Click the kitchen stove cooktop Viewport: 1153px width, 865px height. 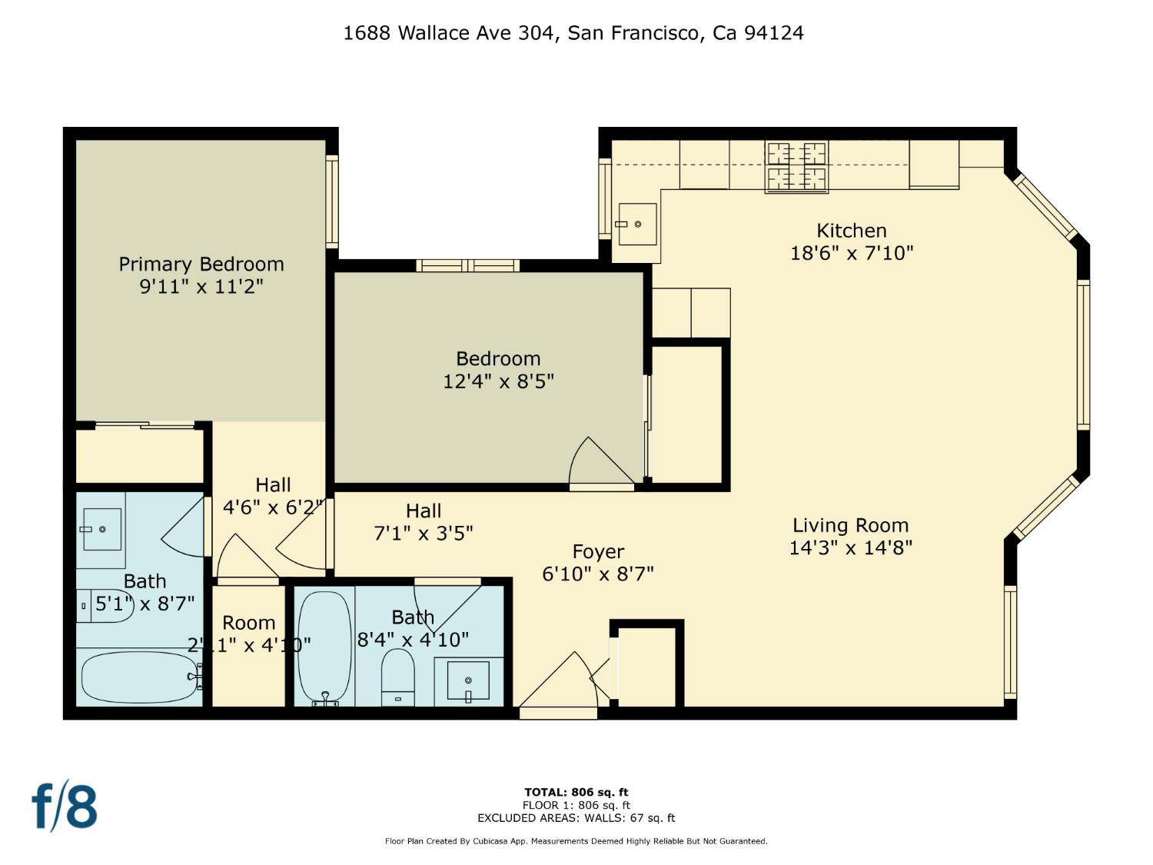[x=796, y=167]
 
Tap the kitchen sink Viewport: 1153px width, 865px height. [x=637, y=224]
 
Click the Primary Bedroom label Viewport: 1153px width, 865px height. [x=201, y=264]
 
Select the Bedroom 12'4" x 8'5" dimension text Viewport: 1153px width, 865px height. [x=498, y=381]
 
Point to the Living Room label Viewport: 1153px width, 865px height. [x=850, y=526]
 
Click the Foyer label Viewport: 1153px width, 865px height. [x=598, y=552]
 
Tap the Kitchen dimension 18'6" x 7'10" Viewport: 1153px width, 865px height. [x=852, y=253]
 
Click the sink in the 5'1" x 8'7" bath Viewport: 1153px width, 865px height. [x=101, y=530]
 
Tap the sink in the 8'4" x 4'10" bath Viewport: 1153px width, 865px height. [x=468, y=681]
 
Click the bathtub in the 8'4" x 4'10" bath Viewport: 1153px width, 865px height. [x=324, y=646]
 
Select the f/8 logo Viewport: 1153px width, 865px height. [x=65, y=806]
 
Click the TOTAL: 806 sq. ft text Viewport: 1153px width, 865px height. [x=576, y=792]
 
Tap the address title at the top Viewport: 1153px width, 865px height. [x=573, y=33]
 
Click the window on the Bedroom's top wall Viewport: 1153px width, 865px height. [x=467, y=266]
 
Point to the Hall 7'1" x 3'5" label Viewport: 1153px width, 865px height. [x=424, y=522]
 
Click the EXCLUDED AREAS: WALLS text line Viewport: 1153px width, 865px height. [x=576, y=818]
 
